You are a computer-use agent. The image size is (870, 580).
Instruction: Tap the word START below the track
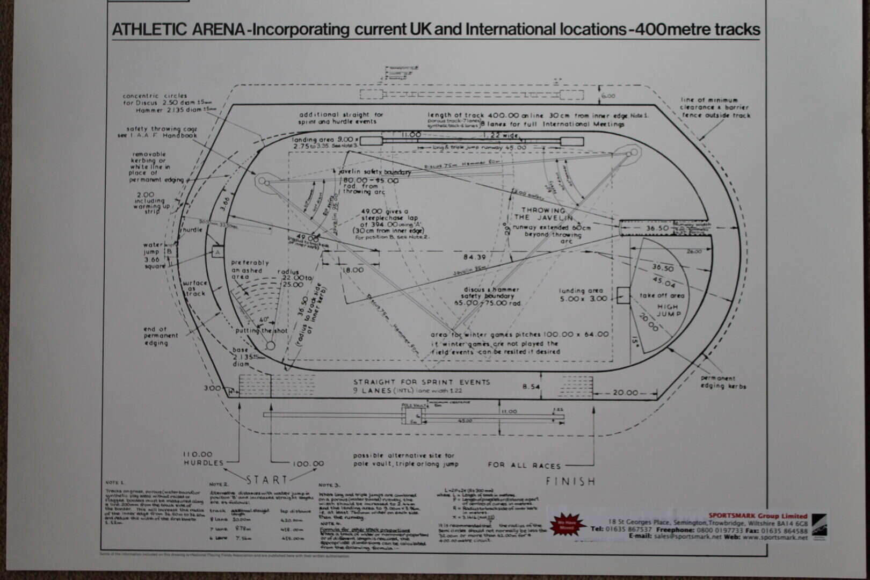click(267, 480)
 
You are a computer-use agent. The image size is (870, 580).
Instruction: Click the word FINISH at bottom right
click(570, 481)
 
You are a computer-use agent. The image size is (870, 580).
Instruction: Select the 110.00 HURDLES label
click(203, 458)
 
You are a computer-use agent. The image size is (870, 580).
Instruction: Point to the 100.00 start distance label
click(308, 463)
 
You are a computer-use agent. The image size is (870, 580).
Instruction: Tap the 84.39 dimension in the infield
click(474, 257)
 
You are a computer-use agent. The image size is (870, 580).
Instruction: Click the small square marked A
click(218, 251)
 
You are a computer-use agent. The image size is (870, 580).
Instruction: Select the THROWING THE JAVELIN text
click(543, 214)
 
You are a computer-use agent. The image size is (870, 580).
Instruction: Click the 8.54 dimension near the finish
click(531, 386)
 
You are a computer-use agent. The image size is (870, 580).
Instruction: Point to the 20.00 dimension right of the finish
click(625, 393)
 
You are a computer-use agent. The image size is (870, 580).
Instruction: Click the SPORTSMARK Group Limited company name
click(757, 516)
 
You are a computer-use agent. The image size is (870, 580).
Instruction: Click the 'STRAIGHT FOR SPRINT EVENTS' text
click(422, 382)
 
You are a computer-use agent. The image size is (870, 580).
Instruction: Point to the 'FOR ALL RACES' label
click(524, 465)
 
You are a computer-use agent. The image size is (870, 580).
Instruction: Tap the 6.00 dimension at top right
click(608, 96)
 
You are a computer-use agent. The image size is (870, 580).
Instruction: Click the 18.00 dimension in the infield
click(353, 270)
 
